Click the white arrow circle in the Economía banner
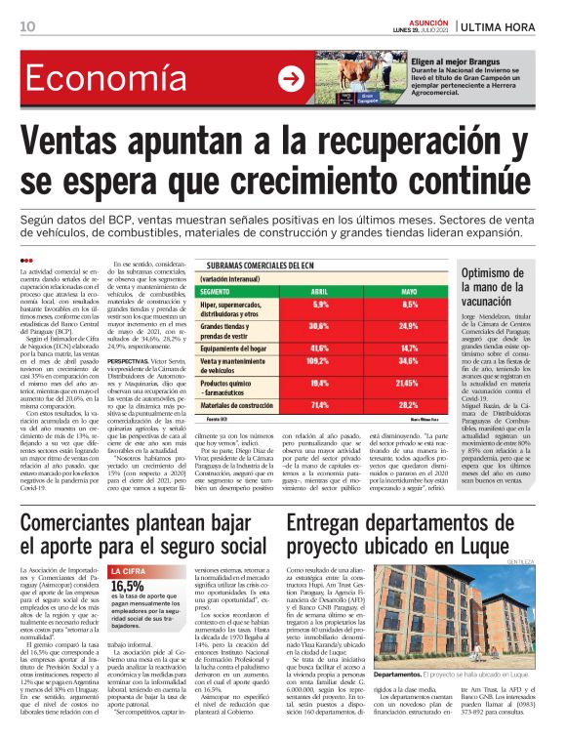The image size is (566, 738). coord(291,79)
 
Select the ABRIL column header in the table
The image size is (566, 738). coord(319,292)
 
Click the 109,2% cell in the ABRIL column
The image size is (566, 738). coord(318,361)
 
